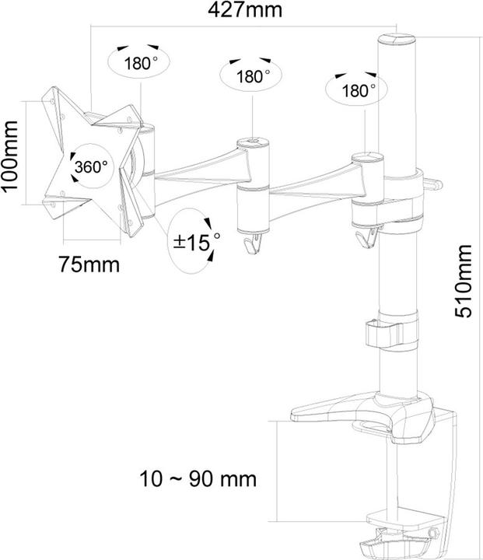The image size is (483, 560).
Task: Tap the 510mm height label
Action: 464,280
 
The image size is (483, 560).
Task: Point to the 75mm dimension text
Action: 89,264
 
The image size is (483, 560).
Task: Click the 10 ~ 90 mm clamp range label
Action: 199,477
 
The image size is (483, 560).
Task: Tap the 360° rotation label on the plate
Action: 90,166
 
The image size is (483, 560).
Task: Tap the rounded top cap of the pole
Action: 397,37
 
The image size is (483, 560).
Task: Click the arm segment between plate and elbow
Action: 198,161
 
